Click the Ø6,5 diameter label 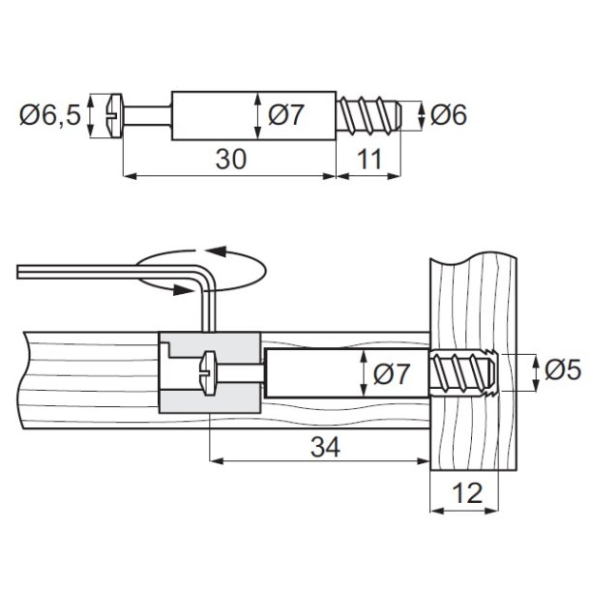pos(48,116)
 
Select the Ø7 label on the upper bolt pos(287,116)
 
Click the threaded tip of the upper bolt pos(371,115)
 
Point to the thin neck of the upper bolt pos(151,116)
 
